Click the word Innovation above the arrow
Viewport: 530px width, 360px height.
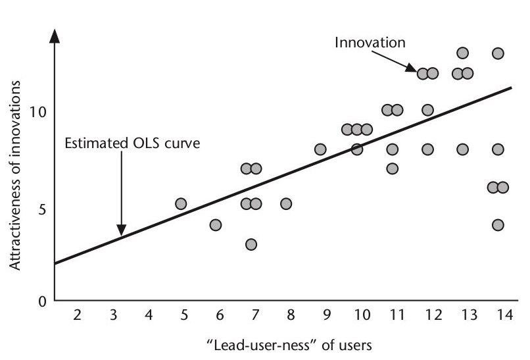pos(370,43)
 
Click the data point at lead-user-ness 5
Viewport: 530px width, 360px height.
pos(181,204)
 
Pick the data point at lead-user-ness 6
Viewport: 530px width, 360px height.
pos(216,225)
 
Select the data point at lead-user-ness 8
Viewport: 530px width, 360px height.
pos(286,204)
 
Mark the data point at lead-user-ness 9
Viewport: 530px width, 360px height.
pos(321,149)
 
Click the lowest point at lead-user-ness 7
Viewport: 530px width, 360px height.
pos(251,244)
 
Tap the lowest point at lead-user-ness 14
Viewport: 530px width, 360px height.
pos(498,225)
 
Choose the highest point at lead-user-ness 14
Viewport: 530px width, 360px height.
pos(498,53)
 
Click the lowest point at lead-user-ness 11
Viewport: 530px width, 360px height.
pos(393,168)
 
